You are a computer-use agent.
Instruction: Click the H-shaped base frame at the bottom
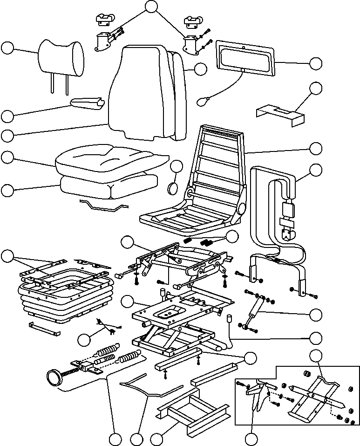click(x=191, y=412)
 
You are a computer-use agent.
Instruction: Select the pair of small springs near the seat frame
click(x=197, y=241)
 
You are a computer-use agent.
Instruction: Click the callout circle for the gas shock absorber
click(x=316, y=314)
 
